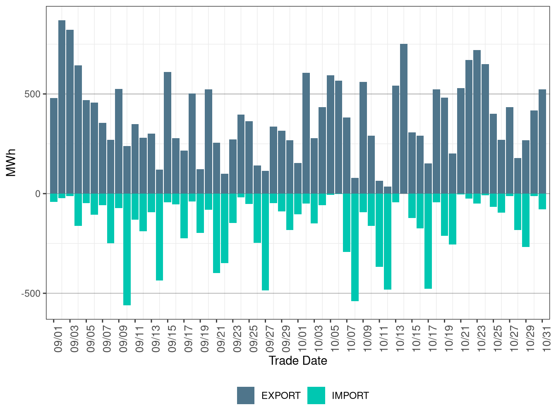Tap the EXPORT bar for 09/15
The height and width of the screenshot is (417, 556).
click(x=168, y=132)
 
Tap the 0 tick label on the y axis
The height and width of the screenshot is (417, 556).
click(x=38, y=194)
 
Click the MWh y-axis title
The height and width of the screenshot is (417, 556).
click(x=11, y=163)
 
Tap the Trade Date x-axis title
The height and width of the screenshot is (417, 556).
click(x=298, y=361)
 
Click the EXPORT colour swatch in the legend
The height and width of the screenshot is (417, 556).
click(x=246, y=395)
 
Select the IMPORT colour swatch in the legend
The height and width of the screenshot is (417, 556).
click(x=316, y=395)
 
